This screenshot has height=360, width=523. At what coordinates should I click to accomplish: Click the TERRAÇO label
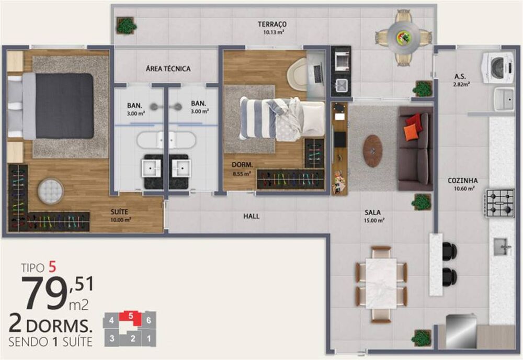(x=272, y=24)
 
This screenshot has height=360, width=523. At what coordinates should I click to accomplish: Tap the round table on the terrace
(x=403, y=37)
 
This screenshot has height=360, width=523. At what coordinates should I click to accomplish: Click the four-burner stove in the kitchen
(x=499, y=203)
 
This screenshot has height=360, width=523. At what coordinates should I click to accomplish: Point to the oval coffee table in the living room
(x=372, y=151)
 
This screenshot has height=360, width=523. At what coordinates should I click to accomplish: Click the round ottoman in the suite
(x=50, y=192)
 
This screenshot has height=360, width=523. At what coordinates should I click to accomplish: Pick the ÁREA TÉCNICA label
(x=168, y=69)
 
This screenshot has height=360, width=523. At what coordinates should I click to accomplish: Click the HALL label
(x=251, y=216)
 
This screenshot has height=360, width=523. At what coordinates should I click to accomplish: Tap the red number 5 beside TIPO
(x=52, y=267)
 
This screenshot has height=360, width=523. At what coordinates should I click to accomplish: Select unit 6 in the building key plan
(x=149, y=319)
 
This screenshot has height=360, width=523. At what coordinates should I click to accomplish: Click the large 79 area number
(x=42, y=293)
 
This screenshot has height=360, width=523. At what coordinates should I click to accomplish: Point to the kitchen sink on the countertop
(x=502, y=246)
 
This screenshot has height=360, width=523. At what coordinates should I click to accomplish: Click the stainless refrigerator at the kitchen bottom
(x=461, y=331)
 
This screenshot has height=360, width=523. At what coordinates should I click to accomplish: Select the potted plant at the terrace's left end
(x=126, y=25)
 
